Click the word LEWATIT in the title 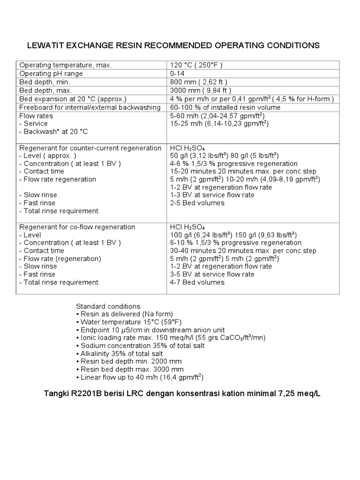click(46, 45)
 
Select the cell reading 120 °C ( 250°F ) click(196, 65)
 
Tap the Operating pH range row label click(51, 74)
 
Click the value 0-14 click(178, 74)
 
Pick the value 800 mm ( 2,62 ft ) click(199, 82)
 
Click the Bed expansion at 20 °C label click(73, 99)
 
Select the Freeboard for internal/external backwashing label click(90, 107)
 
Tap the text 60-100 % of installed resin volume click(225, 107)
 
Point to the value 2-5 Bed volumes click(197, 203)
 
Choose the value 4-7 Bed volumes click(197, 282)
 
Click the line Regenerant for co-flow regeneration click(77, 227)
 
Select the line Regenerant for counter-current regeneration click(90, 148)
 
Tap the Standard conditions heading click(108, 307)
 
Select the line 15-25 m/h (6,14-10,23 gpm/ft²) click(219, 124)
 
